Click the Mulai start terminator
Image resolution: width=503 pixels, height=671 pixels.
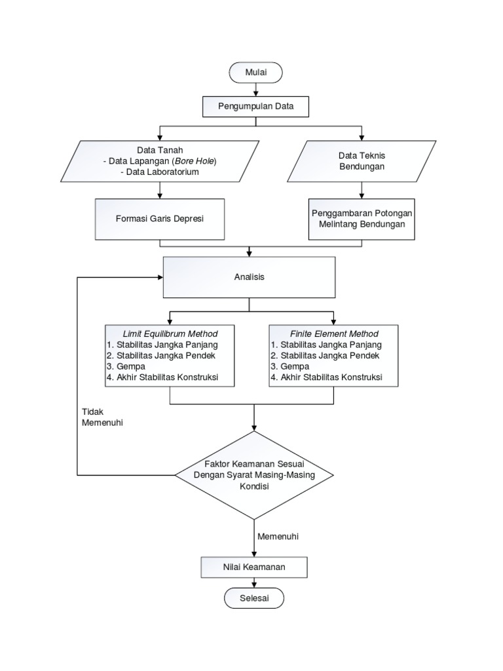coord(255,73)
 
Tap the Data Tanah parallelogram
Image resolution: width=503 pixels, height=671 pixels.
coord(160,161)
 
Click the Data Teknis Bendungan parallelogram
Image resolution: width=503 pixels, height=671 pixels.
coord(361,161)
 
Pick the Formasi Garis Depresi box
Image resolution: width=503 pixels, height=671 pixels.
coord(160,218)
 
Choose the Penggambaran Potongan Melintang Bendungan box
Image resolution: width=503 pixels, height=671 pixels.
coord(362,218)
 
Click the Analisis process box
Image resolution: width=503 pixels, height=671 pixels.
coord(249,277)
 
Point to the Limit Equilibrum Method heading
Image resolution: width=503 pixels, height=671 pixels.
coord(170,334)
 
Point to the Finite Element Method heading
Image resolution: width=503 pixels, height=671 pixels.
coord(333,334)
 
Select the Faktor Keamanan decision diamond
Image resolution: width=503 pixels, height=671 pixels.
coord(255,474)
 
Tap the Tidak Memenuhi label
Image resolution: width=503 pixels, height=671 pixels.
coord(102,417)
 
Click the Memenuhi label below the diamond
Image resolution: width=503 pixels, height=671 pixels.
coord(278,536)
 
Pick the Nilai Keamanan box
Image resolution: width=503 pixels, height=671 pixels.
coord(255,567)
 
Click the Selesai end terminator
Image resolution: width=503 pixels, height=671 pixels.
coord(255,598)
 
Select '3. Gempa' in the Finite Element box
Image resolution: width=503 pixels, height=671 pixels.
coord(289,367)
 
